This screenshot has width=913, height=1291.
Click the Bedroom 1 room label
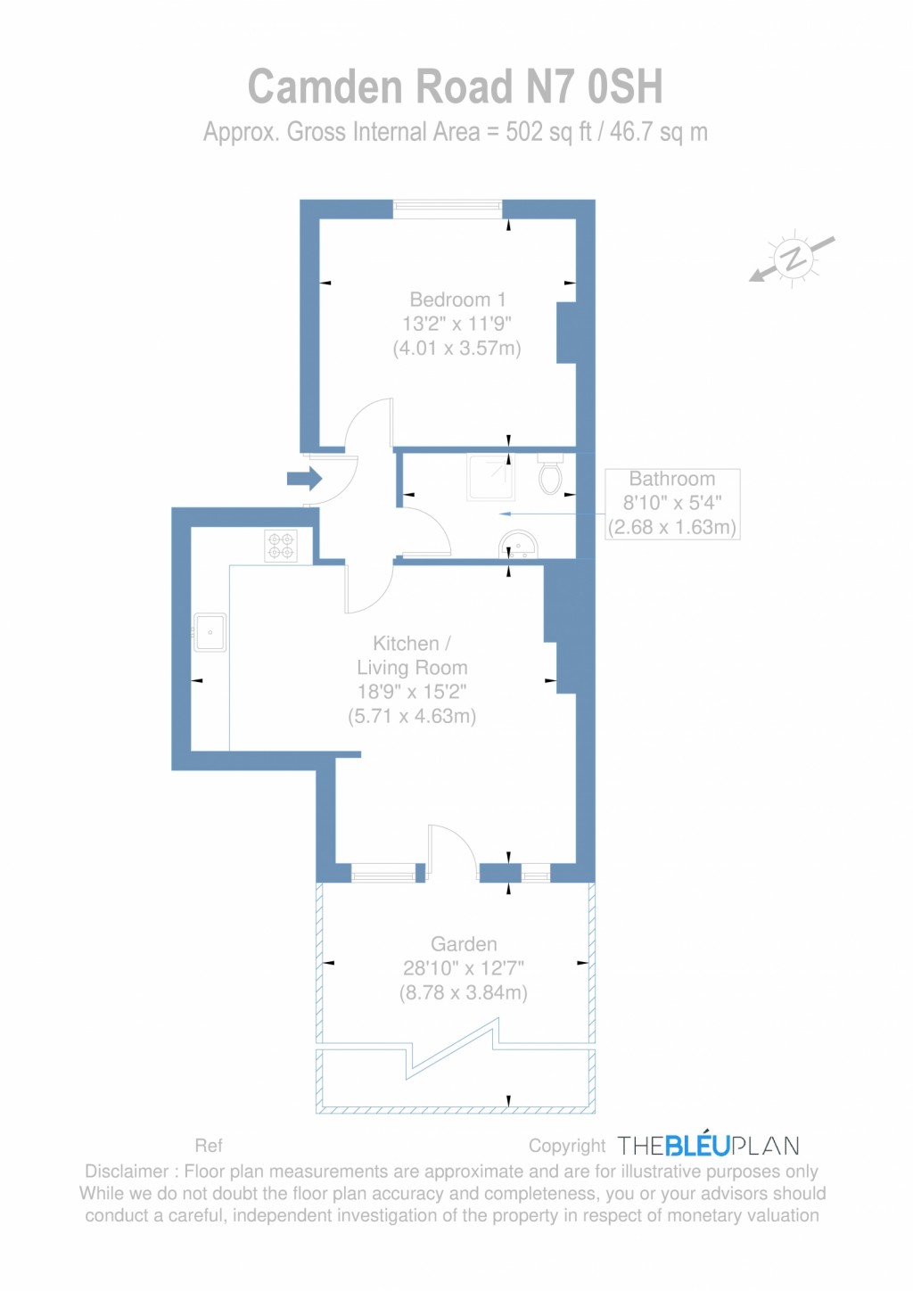(x=457, y=300)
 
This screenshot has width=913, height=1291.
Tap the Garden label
(x=464, y=944)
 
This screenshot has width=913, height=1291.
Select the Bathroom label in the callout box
(x=672, y=479)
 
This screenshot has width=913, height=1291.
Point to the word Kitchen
(x=406, y=643)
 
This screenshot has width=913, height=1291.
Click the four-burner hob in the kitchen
(x=281, y=546)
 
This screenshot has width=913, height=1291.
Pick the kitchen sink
(x=210, y=632)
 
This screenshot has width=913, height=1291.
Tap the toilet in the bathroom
(x=550, y=473)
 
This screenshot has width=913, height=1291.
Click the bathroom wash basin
(x=518, y=545)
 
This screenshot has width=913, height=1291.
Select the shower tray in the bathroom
(x=489, y=476)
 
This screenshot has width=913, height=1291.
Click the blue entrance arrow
(x=304, y=479)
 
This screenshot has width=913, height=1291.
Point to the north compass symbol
(x=794, y=259)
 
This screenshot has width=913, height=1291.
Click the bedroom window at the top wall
(x=448, y=209)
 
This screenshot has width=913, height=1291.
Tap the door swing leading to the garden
(x=452, y=852)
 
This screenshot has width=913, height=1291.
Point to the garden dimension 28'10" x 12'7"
(x=464, y=968)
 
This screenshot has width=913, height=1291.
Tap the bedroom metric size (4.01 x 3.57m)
(x=457, y=348)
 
